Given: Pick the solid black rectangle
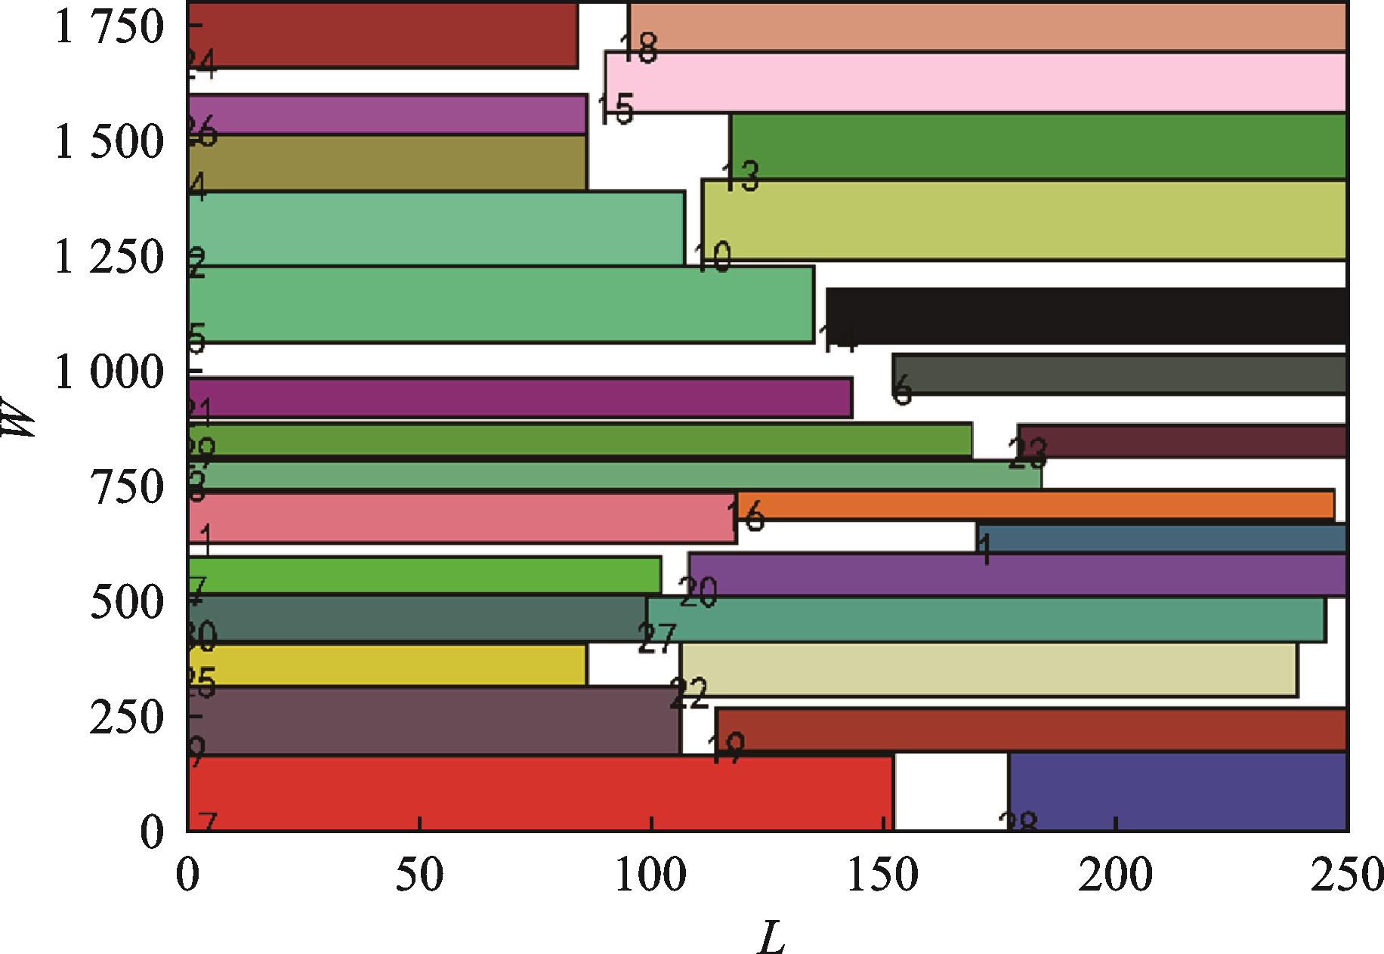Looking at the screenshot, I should [1086, 316].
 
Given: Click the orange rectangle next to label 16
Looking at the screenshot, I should [1035, 505].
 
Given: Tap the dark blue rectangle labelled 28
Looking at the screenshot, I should [1178, 792].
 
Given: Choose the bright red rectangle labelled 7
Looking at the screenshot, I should [539, 793].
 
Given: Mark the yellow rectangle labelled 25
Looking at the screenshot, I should [387, 665].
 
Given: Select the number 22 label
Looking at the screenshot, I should [688, 693].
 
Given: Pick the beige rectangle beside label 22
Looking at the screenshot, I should [989, 669].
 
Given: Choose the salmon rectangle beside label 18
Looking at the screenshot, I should [987, 27].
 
